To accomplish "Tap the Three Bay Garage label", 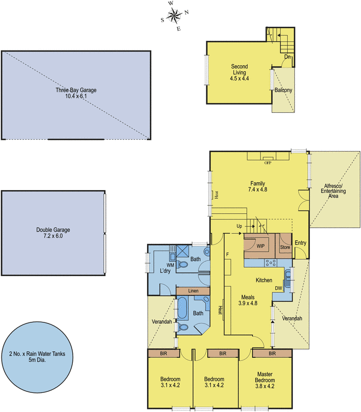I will coord(76,90).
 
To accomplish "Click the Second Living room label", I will coord(239,70).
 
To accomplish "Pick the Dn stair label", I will coord(287,57).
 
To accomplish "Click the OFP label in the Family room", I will coord(267,163).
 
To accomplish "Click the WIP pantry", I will coord(260,246).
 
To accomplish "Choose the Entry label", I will coord(300,243).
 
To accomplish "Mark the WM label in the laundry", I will coord(154,265).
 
